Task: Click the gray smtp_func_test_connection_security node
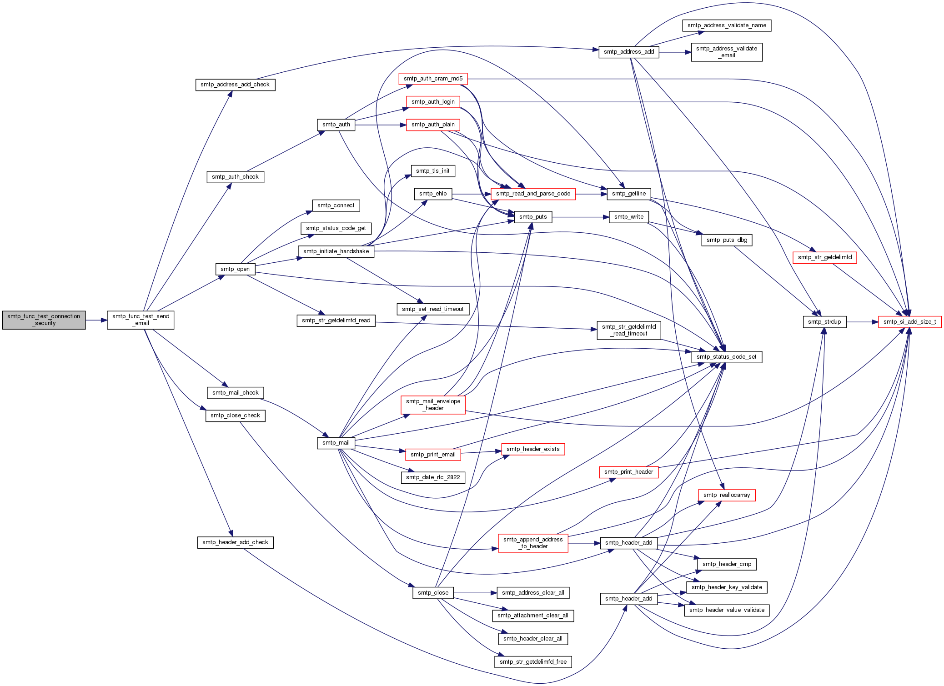pyautogui.click(x=44, y=320)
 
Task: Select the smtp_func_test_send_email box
pyautogui.click(x=141, y=320)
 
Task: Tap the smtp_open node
pyautogui.click(x=235, y=269)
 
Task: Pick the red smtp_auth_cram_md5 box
pyautogui.click(x=433, y=79)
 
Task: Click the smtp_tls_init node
pyautogui.click(x=433, y=171)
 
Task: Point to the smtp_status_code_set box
pyautogui.click(x=727, y=357)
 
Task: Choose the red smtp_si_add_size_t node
pyautogui.click(x=909, y=322)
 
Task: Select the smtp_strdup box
pyautogui.click(x=824, y=322)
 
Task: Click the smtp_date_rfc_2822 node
pyautogui.click(x=433, y=477)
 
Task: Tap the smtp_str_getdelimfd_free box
pyautogui.click(x=533, y=662)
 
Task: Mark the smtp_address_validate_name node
pyautogui.click(x=727, y=25)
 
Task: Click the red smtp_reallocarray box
pyautogui.click(x=727, y=495)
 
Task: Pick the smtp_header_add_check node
pyautogui.click(x=235, y=542)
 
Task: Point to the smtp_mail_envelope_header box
pyautogui.click(x=433, y=405)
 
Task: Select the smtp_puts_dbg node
pyautogui.click(x=727, y=240)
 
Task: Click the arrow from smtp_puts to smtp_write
pyautogui.click(x=581, y=217)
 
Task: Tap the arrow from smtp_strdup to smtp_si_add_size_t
pyautogui.click(x=862, y=322)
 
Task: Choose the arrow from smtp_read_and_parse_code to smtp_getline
pyautogui.click(x=591, y=194)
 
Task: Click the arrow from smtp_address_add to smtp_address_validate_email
pyautogui.click(x=675, y=52)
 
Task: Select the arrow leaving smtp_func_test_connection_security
pyautogui.click(x=96, y=320)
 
